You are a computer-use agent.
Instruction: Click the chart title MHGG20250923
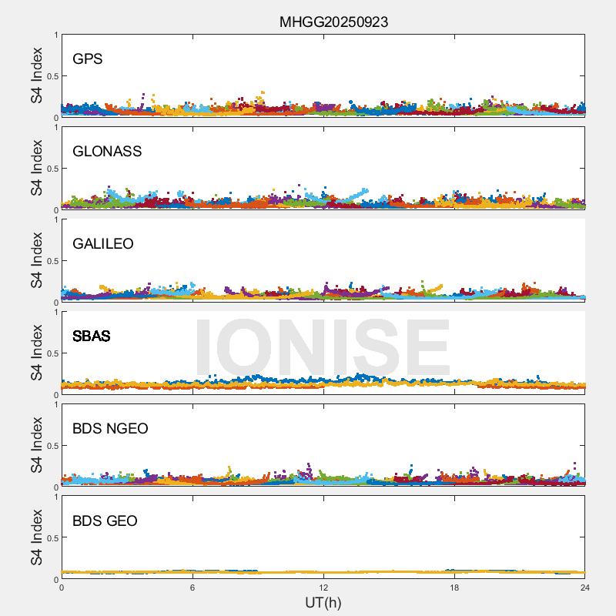(333, 22)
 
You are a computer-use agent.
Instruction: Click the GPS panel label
(88, 59)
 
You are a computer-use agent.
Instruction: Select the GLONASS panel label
(107, 152)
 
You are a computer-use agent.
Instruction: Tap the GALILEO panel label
(103, 244)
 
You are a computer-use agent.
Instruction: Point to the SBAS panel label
(92, 336)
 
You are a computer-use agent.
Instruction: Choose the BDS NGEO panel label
(110, 429)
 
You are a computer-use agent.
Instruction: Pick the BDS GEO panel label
(105, 521)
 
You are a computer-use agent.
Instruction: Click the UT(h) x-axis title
(323, 602)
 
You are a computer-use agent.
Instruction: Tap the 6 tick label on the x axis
(192, 588)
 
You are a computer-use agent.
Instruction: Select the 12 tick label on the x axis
(323, 588)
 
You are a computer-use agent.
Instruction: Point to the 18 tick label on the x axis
(454, 588)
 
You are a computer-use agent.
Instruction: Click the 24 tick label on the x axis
(585, 588)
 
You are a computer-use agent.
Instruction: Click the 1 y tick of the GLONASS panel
(55, 128)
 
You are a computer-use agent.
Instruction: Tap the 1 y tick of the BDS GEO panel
(55, 497)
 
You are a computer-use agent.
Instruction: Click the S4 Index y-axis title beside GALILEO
(37, 261)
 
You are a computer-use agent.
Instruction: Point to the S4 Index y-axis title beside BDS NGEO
(37, 446)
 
